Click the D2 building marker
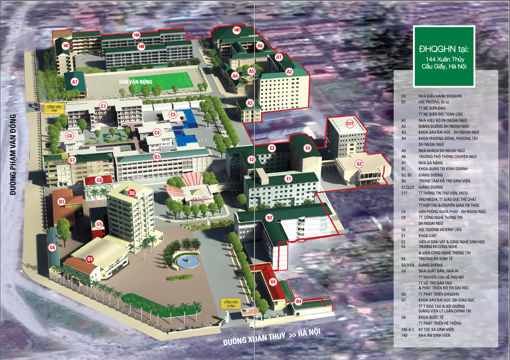click(132, 193)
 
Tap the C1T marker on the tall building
click(350, 124)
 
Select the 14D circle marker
click(237, 30)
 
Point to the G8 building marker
click(99, 180)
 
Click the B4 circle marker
click(299, 302)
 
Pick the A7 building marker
click(75, 82)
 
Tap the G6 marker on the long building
click(52, 247)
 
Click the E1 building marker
click(289, 179)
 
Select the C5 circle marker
click(173, 115)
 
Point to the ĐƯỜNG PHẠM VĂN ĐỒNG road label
click(13, 155)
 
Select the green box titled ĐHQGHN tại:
click(444, 56)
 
